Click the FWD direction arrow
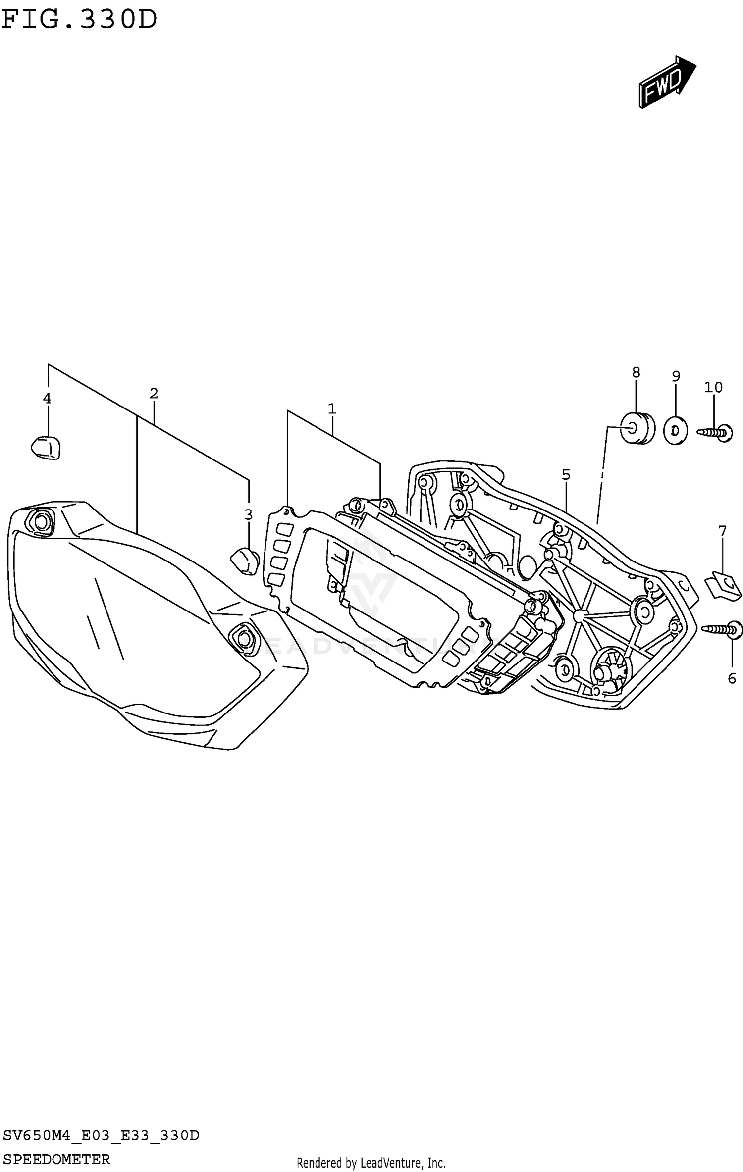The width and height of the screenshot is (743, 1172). tap(667, 82)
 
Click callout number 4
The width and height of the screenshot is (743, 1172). tap(47, 398)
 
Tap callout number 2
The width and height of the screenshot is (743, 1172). tap(154, 394)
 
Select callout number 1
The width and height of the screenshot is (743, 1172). tap(332, 409)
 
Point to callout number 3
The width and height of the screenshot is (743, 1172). tap(248, 514)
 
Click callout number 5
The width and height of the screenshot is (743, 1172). tap(566, 475)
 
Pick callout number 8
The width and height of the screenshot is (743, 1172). tap(636, 372)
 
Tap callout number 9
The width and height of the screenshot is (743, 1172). tap(676, 376)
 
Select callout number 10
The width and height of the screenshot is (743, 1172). tap(713, 387)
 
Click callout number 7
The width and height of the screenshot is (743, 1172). tap(722, 532)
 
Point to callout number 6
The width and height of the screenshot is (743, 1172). tap(732, 678)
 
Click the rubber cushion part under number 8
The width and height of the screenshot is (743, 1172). tap(637, 428)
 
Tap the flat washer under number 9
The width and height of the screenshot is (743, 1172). tap(675, 431)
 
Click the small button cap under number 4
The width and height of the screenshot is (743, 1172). tap(46, 447)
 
